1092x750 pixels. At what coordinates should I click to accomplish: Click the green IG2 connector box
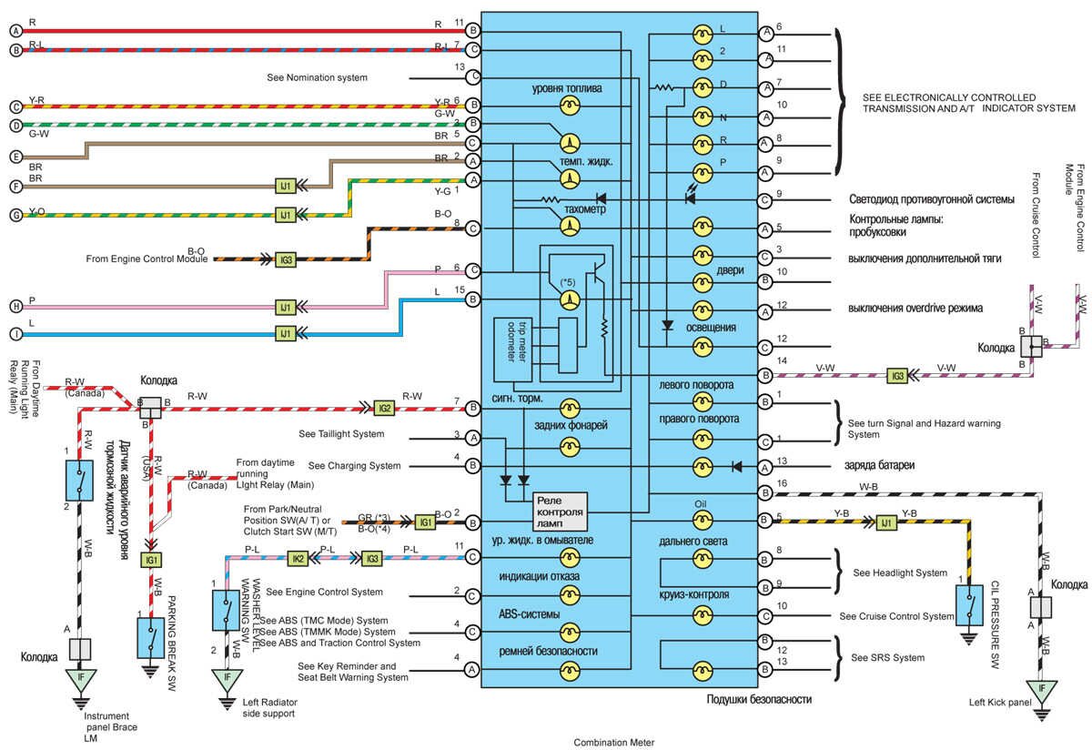pyautogui.click(x=385, y=408)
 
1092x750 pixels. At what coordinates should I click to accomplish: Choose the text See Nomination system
pyautogui.click(x=318, y=77)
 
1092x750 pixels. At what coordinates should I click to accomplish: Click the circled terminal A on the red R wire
pyautogui.click(x=15, y=31)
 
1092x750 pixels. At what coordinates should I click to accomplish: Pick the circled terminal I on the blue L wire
pyautogui.click(x=15, y=334)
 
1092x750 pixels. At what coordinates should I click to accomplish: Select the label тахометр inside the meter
pyautogui.click(x=586, y=209)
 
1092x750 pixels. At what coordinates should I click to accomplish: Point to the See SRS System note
pyautogui.click(x=887, y=657)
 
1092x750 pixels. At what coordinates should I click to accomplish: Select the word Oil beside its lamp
pyautogui.click(x=701, y=502)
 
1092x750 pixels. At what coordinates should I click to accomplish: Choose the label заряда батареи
pyautogui.click(x=881, y=465)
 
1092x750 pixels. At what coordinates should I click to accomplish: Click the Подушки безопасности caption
pyautogui.click(x=759, y=699)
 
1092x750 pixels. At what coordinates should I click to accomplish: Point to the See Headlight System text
pyautogui.click(x=900, y=573)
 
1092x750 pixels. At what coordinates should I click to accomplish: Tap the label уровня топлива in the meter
pyautogui.click(x=569, y=88)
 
